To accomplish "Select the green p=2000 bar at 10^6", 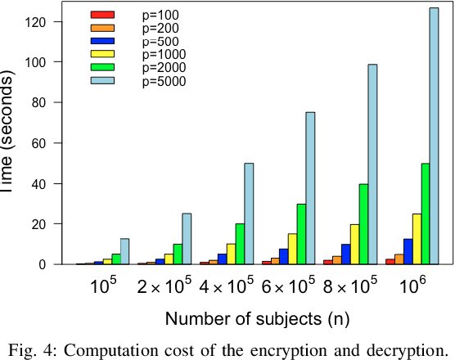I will [425, 214].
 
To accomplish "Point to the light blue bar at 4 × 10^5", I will [249, 214].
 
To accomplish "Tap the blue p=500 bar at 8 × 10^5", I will [345, 254].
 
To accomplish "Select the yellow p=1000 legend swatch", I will [102, 55].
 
